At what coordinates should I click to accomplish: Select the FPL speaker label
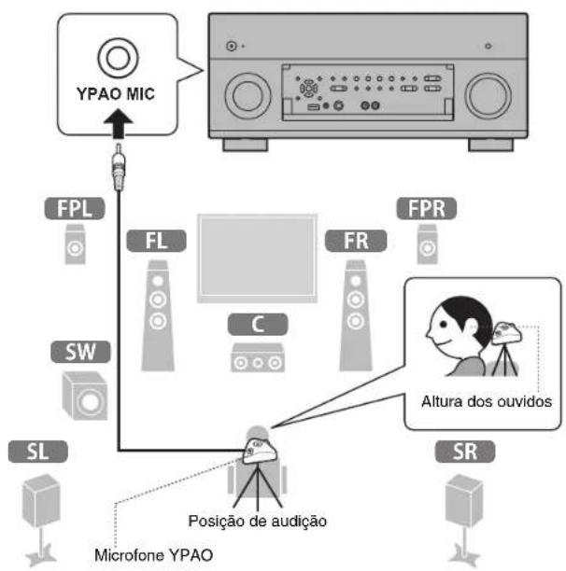[74, 206]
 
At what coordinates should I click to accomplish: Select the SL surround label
[32, 453]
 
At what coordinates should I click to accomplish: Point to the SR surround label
[460, 453]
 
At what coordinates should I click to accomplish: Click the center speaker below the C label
[252, 358]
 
